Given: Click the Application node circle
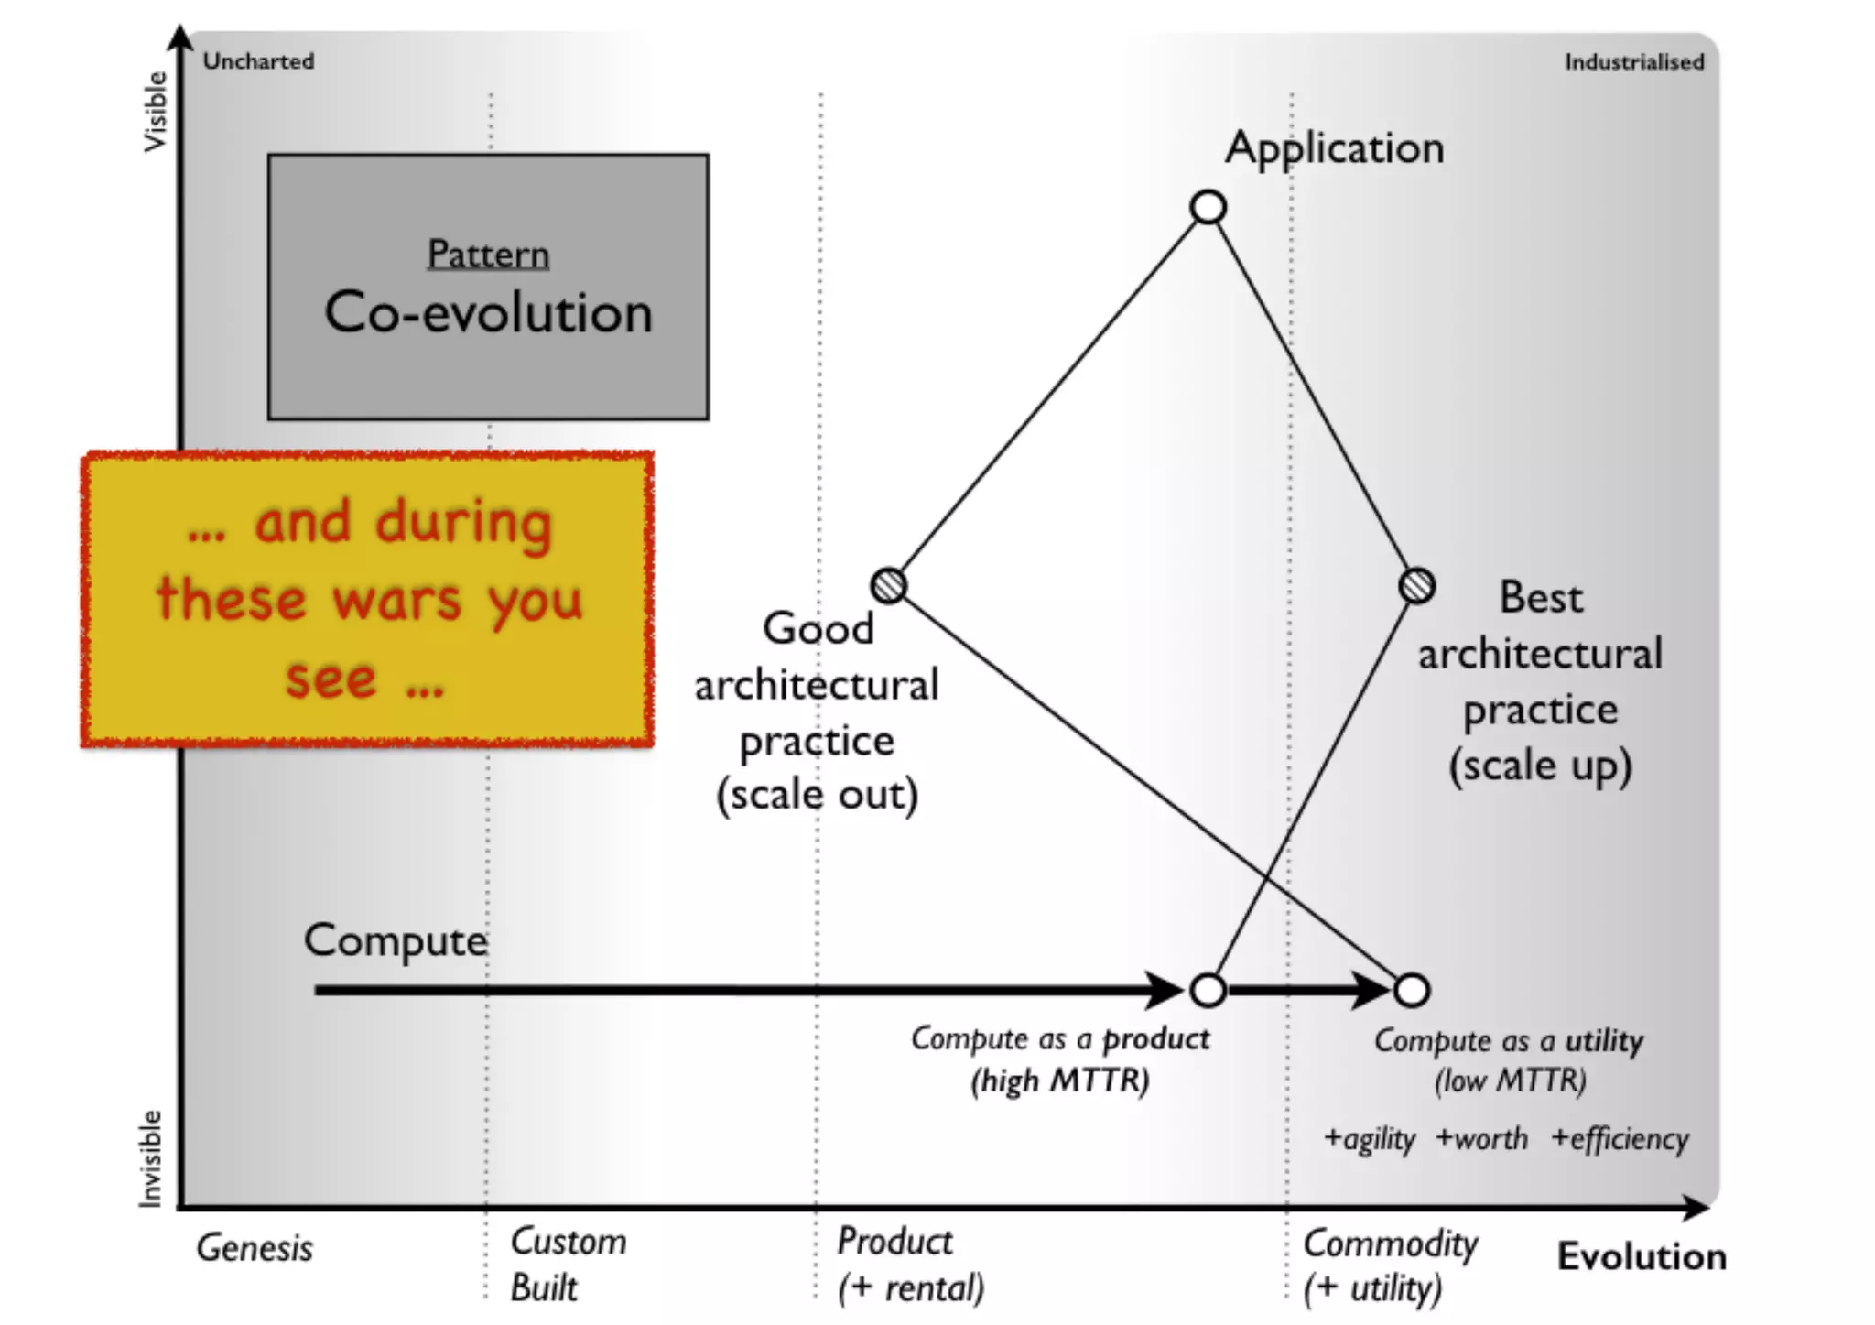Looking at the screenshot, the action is click(x=1208, y=208).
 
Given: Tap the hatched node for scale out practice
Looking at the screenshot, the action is click(x=888, y=585).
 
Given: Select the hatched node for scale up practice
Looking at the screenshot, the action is click(x=1417, y=585).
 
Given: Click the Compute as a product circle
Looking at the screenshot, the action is click(x=1208, y=990).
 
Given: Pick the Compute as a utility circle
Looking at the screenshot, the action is click(x=1412, y=990).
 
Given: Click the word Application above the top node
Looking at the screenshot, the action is click(x=1335, y=148).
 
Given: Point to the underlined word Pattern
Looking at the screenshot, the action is click(x=488, y=255).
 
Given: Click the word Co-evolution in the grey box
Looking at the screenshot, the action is click(x=488, y=313).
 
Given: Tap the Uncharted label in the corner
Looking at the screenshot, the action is click(x=258, y=61).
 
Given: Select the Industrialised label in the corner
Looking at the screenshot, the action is click(x=1634, y=62).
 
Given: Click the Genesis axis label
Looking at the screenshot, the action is click(x=255, y=1248).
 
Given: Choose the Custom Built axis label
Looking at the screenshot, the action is click(x=568, y=1265).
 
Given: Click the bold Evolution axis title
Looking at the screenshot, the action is click(x=1642, y=1256).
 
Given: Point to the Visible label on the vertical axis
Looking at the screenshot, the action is click(x=156, y=112).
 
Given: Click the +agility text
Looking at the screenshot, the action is click(x=1370, y=1139).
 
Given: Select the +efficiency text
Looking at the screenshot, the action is click(x=1620, y=1139).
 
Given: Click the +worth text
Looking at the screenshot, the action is click(x=1481, y=1139).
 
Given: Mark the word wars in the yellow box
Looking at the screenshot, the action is click(x=397, y=601).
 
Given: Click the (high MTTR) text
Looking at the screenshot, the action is click(x=1059, y=1081).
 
